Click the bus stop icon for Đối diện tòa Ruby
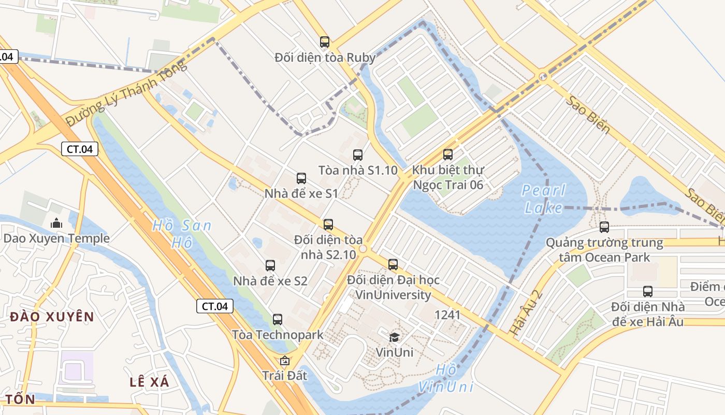325,42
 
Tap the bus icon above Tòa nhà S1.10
358,155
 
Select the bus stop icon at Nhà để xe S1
301,178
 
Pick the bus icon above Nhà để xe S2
270,266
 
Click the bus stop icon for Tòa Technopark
278,320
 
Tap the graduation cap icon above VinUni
395,337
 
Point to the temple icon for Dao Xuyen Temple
56,224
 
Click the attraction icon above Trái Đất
284,361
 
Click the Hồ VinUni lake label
446,378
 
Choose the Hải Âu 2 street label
526,312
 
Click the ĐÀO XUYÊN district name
52,317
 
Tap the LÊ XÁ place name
150,382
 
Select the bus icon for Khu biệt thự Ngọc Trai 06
448,155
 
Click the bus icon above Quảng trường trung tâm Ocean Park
604,227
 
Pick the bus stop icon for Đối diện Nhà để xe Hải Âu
648,292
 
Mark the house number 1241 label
447,315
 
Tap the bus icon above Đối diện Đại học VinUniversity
393,265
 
